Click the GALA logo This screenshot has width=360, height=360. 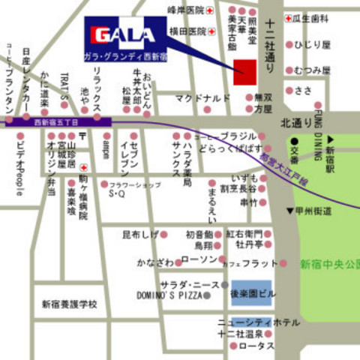124,34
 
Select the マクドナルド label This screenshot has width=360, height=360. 202,97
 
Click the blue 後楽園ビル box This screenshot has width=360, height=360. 250,292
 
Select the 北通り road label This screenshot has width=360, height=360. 295,121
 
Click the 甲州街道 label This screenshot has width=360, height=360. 313,212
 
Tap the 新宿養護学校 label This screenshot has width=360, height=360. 70,304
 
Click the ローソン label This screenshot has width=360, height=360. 199,259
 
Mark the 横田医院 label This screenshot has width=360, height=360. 187,31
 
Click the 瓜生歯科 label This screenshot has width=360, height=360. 312,16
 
